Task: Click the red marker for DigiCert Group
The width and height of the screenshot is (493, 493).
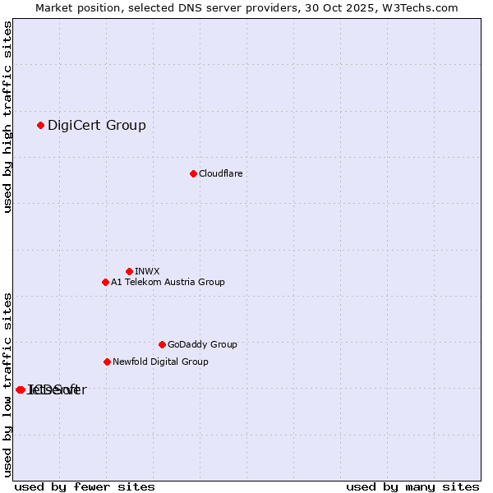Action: (x=40, y=125)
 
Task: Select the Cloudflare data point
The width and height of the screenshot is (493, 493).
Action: (x=193, y=173)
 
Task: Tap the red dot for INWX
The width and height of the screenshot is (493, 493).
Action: (x=129, y=271)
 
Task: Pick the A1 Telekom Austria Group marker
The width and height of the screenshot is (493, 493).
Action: (x=105, y=282)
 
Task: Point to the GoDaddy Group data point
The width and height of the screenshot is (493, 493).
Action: (x=162, y=344)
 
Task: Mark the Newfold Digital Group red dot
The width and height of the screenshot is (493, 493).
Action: (x=107, y=362)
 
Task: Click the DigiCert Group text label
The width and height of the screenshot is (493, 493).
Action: (x=96, y=125)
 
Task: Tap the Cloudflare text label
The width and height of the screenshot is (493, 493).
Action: (x=220, y=173)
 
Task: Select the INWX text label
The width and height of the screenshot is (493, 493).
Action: (x=147, y=271)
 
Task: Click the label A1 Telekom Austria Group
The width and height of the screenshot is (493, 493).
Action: (x=168, y=282)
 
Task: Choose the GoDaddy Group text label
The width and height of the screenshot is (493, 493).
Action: (x=202, y=344)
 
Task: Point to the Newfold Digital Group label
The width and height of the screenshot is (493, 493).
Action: (x=160, y=362)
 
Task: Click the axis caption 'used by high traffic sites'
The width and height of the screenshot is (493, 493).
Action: (x=7, y=117)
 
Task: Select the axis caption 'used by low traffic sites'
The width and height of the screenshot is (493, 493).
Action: (x=7, y=385)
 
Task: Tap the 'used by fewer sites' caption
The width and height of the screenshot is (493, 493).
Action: (x=85, y=486)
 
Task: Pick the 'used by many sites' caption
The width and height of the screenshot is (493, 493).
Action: (x=412, y=486)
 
